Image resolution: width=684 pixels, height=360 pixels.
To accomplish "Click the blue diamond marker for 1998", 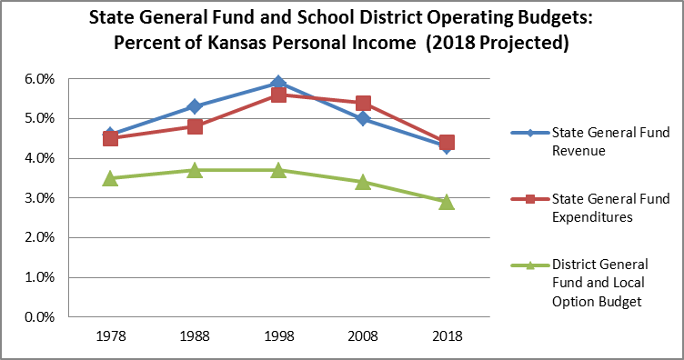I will tap(278, 84).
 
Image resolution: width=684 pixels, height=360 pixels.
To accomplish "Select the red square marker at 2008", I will tap(363, 104).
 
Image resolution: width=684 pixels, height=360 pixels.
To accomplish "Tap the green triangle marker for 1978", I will tap(110, 178).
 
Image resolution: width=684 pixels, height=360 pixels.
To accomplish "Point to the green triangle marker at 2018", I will tap(447, 202).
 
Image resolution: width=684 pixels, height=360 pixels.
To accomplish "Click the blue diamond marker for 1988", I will tap(195, 107).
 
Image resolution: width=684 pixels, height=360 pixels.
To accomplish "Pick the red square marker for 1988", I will tap(195, 126).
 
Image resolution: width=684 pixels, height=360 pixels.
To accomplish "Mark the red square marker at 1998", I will tap(278, 95).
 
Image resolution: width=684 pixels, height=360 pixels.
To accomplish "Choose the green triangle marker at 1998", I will tap(278, 170).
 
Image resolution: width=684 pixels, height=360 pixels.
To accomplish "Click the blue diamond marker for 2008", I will tap(363, 118).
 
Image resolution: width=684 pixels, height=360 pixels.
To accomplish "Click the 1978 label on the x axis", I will tap(110, 335).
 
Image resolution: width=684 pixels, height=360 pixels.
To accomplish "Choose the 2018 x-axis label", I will tap(447, 335).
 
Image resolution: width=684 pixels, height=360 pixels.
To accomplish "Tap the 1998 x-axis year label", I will tap(278, 335).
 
